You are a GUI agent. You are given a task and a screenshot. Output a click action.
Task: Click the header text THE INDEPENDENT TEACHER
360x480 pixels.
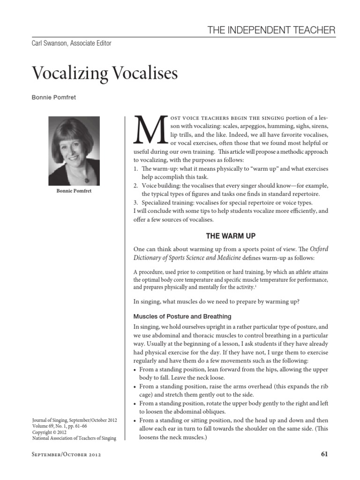click(271, 30)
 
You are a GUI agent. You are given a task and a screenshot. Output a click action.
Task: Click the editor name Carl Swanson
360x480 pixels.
click(51, 44)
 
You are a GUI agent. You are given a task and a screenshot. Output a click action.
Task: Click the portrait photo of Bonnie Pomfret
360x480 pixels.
click(74, 151)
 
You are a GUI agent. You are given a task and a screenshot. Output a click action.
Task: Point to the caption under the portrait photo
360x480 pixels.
click(74, 191)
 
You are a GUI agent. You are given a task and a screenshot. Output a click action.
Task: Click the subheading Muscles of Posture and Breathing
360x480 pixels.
click(182, 316)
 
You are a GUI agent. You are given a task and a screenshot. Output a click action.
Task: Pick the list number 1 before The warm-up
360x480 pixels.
click(135, 169)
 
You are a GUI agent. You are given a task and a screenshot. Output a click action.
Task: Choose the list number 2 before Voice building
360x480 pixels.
click(135, 186)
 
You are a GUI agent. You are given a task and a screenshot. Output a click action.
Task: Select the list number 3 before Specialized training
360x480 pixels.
click(135, 202)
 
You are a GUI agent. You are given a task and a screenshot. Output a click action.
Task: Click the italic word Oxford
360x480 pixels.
click(317, 249)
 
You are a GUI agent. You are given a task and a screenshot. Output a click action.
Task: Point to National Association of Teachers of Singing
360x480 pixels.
click(74, 438)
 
